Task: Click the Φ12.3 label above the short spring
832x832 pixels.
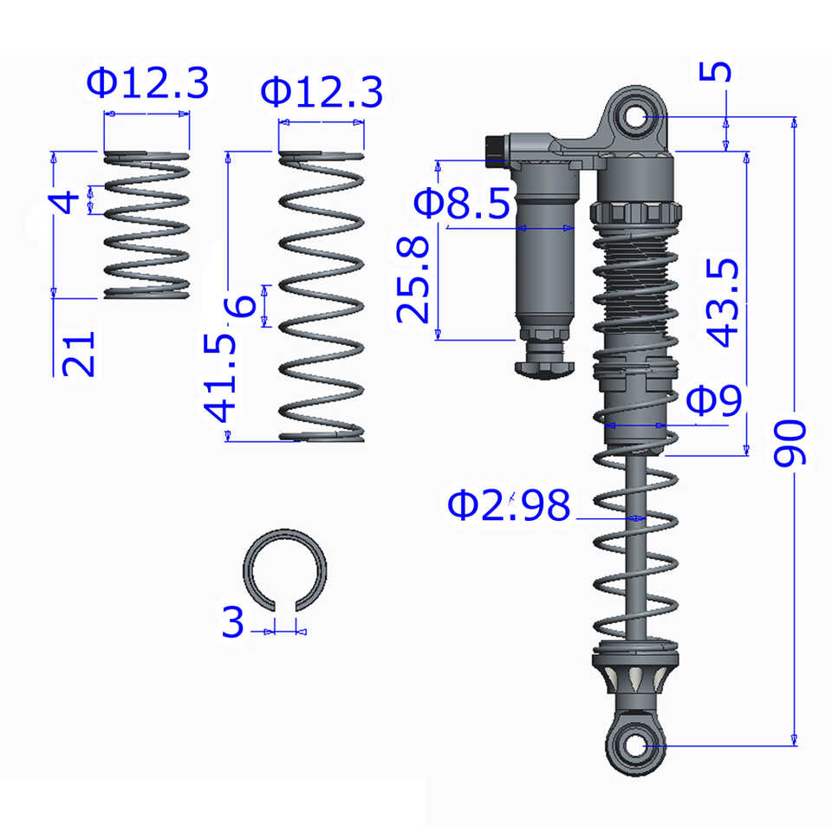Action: coord(147,83)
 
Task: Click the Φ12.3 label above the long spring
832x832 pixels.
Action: coord(322,92)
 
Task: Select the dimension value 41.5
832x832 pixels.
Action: coord(219,379)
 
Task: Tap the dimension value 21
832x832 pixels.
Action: coord(79,354)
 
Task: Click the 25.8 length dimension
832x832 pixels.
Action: coord(413,280)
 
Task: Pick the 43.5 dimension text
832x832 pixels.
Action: coord(722,302)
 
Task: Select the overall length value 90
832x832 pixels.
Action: coord(790,444)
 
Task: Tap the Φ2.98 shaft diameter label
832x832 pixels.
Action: coord(509,504)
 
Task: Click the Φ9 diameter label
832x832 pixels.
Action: coord(714,400)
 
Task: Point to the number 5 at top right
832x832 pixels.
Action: coord(715,71)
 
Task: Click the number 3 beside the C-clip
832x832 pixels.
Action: coord(233,621)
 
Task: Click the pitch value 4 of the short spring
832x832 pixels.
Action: coord(63,203)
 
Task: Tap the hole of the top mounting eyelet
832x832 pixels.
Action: coord(635,117)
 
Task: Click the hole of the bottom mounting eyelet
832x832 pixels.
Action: coord(635,745)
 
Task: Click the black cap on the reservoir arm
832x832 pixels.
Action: coord(496,151)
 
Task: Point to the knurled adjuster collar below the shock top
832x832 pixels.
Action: coord(635,213)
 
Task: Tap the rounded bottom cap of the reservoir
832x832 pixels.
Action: coord(545,369)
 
